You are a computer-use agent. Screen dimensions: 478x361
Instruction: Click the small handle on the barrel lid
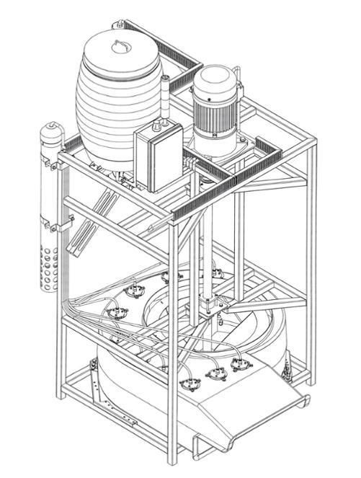pos(120,48)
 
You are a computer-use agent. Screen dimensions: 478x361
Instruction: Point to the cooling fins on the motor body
pos(217,115)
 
